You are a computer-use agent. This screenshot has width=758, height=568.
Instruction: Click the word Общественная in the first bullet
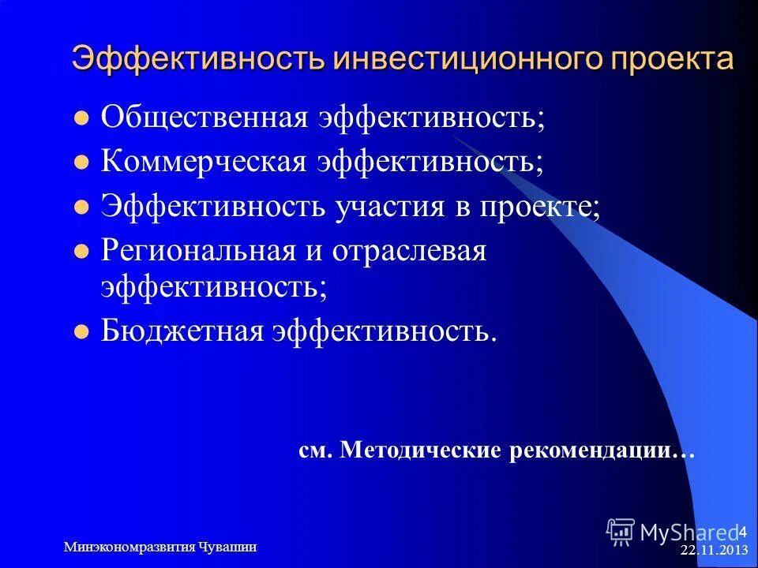click(203, 118)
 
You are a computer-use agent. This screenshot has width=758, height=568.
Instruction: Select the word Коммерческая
click(205, 163)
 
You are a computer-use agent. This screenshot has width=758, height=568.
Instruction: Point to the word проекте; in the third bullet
click(538, 207)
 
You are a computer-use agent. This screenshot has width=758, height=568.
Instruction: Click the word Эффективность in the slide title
click(198, 59)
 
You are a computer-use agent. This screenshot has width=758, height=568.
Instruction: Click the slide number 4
click(741, 529)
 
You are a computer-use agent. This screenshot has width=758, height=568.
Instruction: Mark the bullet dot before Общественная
click(79, 121)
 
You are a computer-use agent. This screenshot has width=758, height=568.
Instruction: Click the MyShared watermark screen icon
click(621, 532)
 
